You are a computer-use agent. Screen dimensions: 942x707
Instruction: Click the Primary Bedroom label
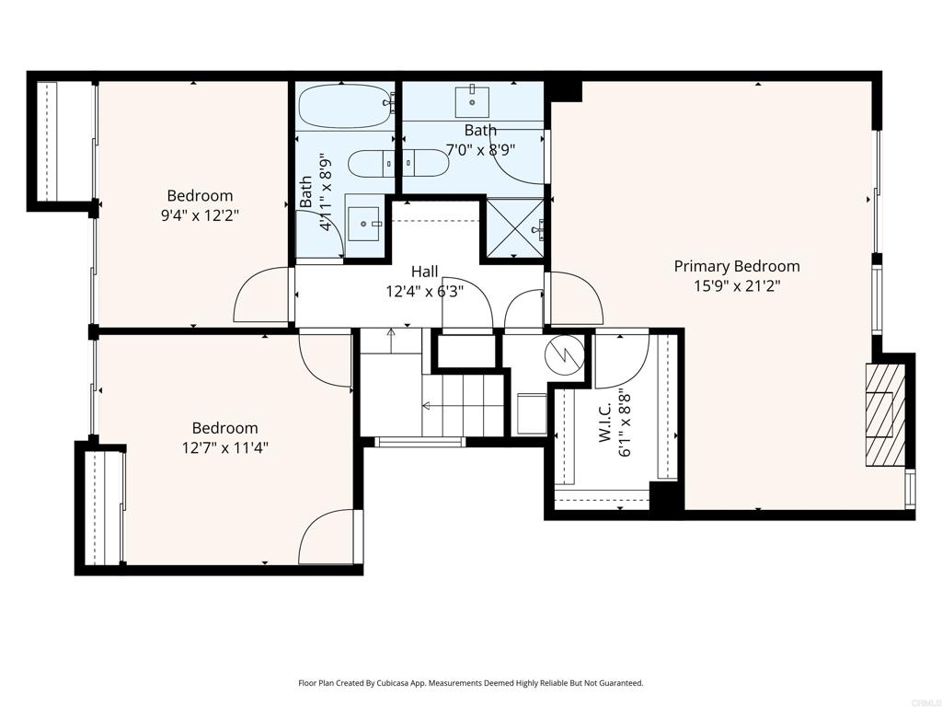tap(737, 266)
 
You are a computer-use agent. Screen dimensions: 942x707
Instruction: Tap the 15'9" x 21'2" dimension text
tap(737, 285)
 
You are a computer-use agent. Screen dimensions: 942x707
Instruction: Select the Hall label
tap(425, 272)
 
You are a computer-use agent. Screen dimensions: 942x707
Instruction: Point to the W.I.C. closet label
tap(604, 423)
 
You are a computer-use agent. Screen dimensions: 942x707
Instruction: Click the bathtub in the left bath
tap(344, 106)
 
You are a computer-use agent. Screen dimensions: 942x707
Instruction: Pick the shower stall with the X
tap(515, 227)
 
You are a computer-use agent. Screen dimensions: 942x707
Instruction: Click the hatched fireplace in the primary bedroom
tap(885, 415)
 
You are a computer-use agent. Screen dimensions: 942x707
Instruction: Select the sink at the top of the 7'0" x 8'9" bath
tap(472, 102)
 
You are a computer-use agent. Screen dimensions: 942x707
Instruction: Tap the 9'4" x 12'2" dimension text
tap(200, 215)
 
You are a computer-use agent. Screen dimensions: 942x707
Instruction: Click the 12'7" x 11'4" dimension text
tap(224, 448)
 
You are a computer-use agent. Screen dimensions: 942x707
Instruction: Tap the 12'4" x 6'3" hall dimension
tap(425, 292)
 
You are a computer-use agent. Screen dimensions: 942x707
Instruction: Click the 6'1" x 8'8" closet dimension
tap(625, 423)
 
